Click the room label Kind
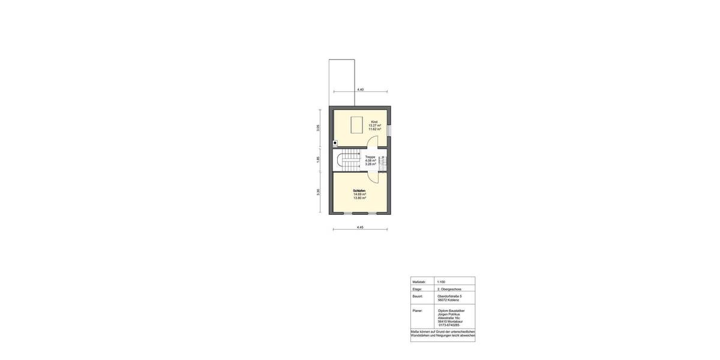(374, 122)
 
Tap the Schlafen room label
(359, 191)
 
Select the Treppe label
(370, 157)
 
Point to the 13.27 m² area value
(374, 125)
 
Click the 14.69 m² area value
(359, 194)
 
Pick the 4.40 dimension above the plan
(360, 89)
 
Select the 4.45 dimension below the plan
(360, 227)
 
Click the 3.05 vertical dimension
(318, 128)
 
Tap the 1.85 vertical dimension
(318, 160)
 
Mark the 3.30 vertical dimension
(318, 192)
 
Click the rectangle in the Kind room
(356, 124)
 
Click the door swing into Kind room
(373, 142)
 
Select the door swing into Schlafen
(373, 176)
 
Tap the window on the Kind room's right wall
(389, 130)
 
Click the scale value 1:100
(441, 282)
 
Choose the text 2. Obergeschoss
(449, 289)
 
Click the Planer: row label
(418, 311)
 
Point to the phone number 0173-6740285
(449, 325)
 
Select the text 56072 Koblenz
(448, 300)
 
